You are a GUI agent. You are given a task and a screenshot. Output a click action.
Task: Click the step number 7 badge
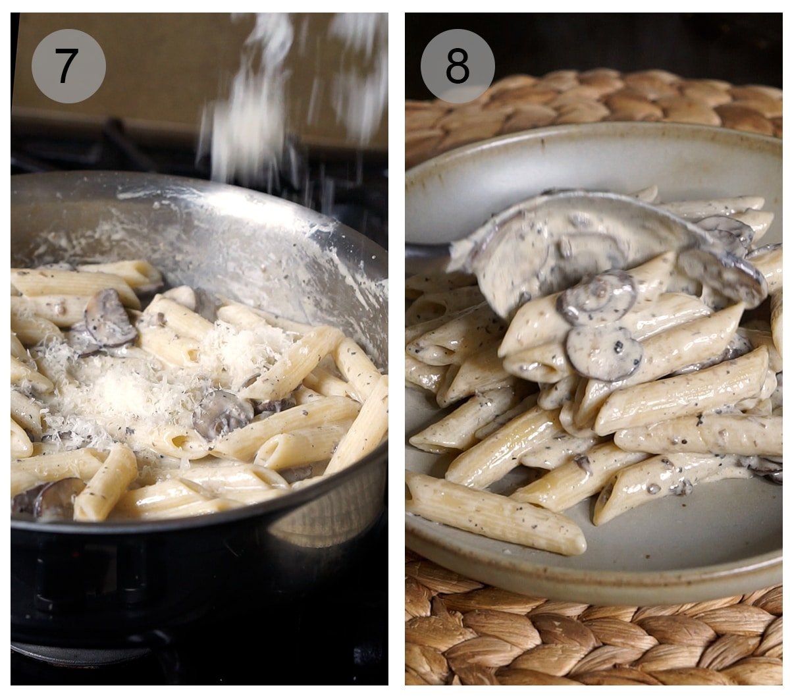[68, 66]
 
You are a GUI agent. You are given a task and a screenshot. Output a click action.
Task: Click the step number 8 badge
[458, 66]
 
